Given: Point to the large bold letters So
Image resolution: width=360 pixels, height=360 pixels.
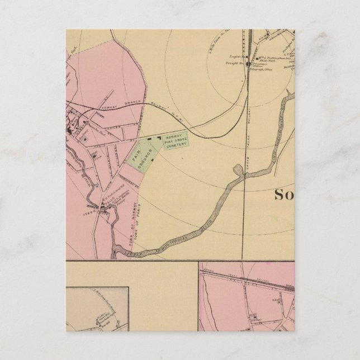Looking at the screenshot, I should click(x=288, y=195).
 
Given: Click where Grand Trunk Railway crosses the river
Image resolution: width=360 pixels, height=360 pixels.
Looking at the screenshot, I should click(x=247, y=177).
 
